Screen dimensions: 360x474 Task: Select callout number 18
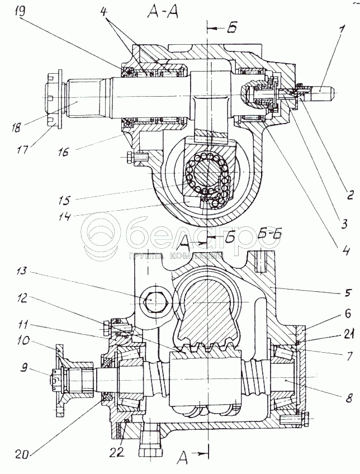coord(17,127)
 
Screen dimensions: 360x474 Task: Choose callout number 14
coord(65,216)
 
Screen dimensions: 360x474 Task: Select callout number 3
coord(344,224)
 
